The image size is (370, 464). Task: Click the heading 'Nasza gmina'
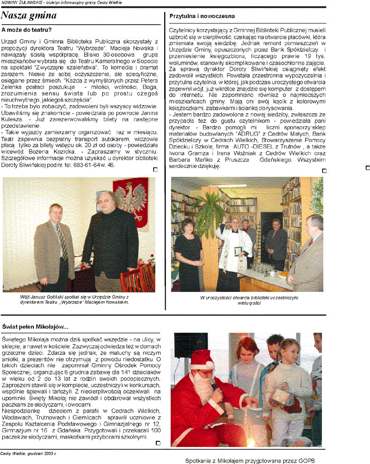tap(29, 16)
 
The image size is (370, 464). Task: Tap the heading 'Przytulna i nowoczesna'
tap(202, 16)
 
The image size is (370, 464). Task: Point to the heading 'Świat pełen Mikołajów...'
tap(35, 327)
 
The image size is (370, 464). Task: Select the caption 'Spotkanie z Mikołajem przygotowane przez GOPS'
tap(250, 460)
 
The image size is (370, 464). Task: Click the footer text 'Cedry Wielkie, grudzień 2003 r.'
tap(28, 453)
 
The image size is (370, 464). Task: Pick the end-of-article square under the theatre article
tap(155, 170)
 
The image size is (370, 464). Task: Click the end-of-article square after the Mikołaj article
tap(158, 443)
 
